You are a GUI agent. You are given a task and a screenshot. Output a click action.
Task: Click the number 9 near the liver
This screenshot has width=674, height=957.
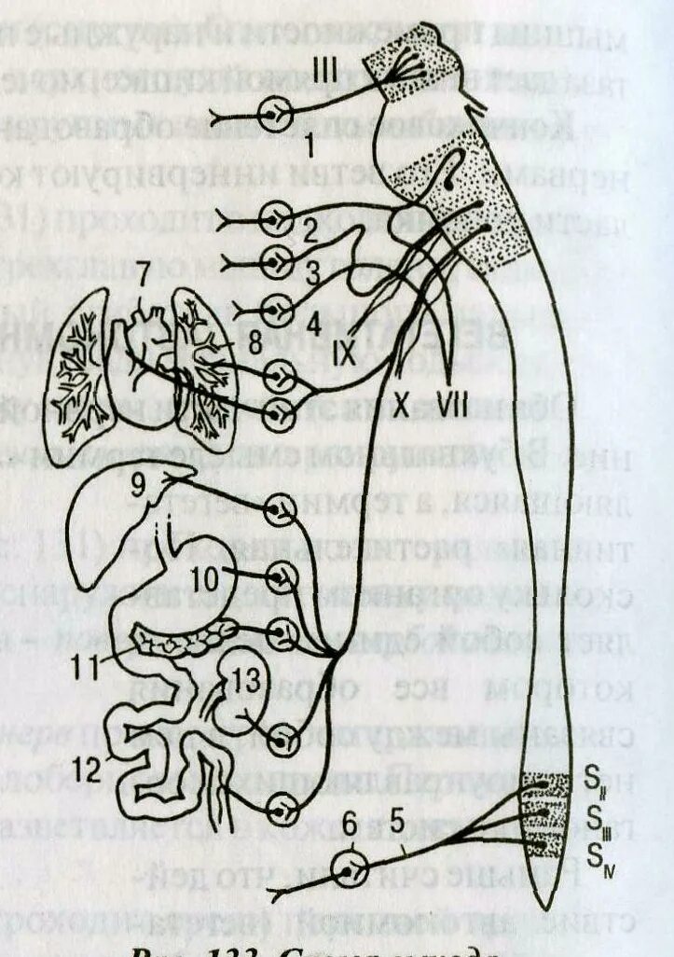point(165,485)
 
